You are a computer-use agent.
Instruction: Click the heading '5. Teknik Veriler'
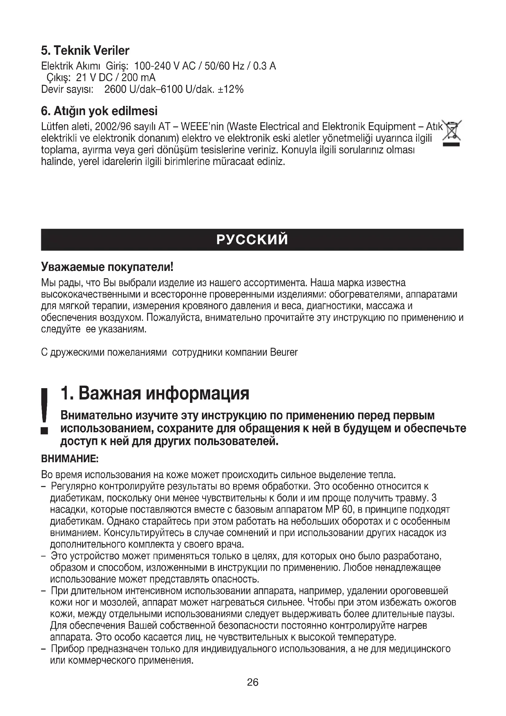(85, 51)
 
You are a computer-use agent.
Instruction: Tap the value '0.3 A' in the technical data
(264, 66)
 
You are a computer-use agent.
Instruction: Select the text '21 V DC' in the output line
(94, 78)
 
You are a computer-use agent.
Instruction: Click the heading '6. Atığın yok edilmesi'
(99, 111)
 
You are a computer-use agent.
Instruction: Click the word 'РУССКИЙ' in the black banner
(252, 240)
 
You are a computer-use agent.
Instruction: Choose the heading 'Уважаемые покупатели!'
(107, 267)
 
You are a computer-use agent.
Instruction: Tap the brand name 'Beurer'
(284, 352)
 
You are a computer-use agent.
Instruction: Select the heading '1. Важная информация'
(155, 393)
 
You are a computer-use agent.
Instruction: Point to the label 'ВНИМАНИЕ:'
(70, 459)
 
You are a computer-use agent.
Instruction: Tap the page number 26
(253, 682)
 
